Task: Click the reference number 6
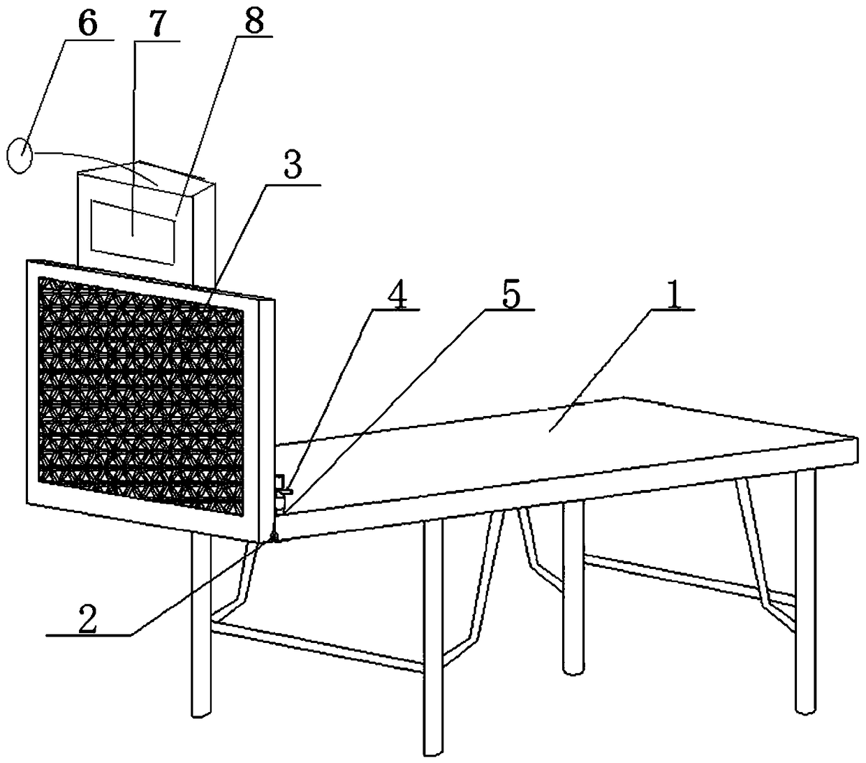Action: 87,24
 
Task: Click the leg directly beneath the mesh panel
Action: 200,628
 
